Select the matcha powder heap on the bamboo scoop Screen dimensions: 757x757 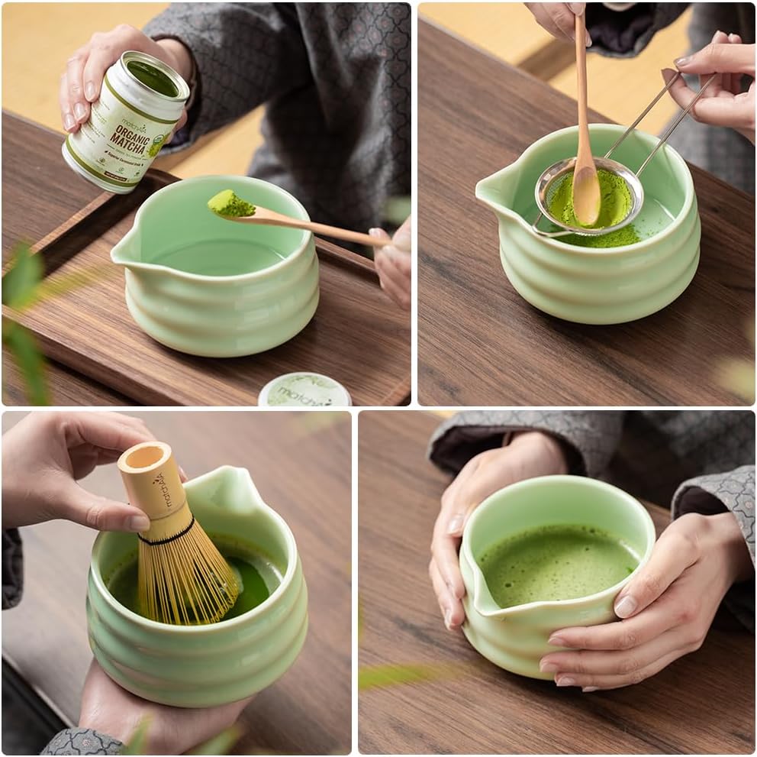tap(230, 203)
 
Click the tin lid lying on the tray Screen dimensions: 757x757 tap(304, 391)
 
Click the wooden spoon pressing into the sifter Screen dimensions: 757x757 tap(585, 153)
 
